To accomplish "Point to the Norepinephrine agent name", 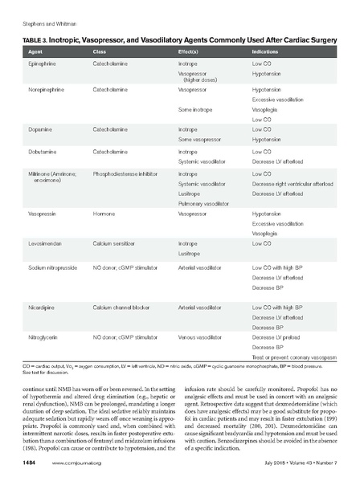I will (x=47, y=91).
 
